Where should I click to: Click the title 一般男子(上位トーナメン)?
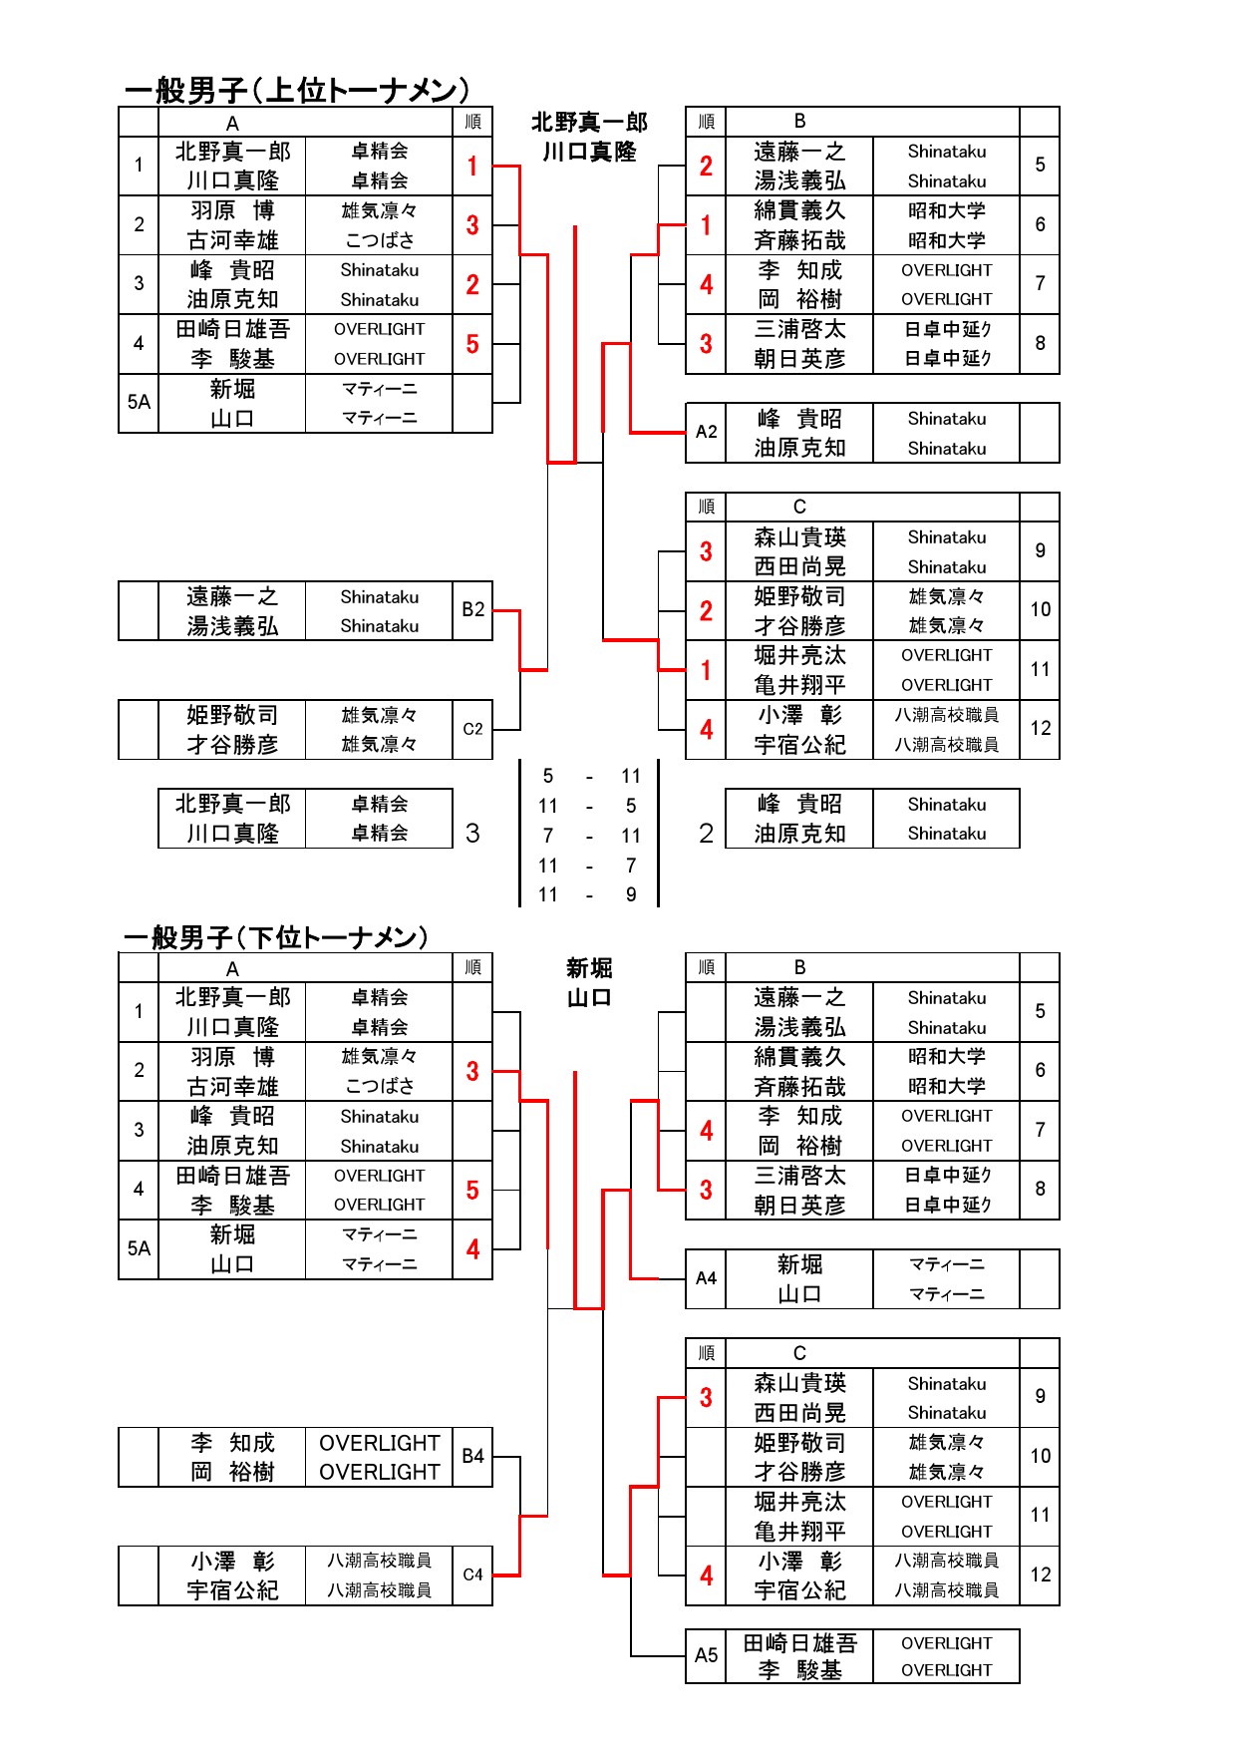(x=296, y=91)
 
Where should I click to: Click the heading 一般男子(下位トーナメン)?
(x=276, y=937)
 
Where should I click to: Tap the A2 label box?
(x=706, y=433)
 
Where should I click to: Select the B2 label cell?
(x=472, y=610)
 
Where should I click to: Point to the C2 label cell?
(x=472, y=729)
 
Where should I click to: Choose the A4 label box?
(x=706, y=1278)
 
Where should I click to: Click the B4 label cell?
(x=472, y=1457)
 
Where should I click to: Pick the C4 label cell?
(x=472, y=1575)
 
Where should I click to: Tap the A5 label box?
(x=706, y=1655)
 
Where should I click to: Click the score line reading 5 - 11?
(x=589, y=776)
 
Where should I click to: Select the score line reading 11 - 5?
(x=589, y=806)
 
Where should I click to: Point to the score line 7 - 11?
(x=589, y=836)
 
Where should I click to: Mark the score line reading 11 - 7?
(x=589, y=866)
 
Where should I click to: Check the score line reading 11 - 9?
(x=589, y=894)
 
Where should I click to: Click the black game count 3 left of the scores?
(x=472, y=833)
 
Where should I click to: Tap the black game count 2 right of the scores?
(x=706, y=833)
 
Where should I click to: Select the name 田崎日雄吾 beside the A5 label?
(x=799, y=1642)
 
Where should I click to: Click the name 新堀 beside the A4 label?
(x=799, y=1264)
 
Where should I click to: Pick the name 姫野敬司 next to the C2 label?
(x=232, y=715)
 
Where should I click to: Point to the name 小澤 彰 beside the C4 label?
(x=232, y=1562)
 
